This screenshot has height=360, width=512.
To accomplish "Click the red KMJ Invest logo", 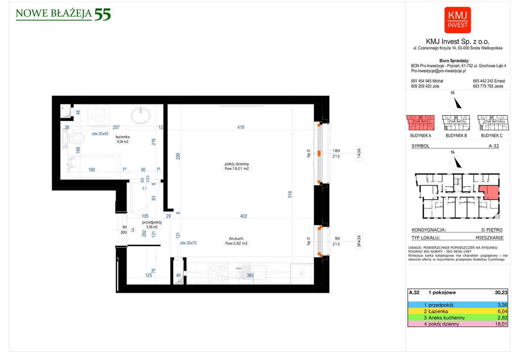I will (x=457, y=20).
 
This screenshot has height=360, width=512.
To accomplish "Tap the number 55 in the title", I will (x=103, y=14).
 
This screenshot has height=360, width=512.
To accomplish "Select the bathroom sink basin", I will (x=141, y=115).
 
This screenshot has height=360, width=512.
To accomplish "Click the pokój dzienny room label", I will (x=237, y=164).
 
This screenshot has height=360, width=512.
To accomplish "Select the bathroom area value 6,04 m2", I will (x=123, y=142).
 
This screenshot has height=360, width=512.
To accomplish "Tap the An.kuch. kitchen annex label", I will (x=236, y=238).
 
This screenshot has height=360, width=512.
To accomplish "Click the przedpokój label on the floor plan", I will (x=152, y=222).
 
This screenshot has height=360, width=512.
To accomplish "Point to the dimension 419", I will (x=241, y=127).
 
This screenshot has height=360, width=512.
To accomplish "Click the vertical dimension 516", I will (x=290, y=194).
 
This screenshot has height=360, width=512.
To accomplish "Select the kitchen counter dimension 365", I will (x=250, y=275).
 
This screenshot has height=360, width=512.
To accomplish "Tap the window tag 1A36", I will (x=359, y=154).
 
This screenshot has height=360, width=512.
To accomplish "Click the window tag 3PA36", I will (x=359, y=241).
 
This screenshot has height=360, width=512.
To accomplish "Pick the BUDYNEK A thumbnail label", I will (x=421, y=136).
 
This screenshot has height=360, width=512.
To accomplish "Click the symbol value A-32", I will (x=494, y=146).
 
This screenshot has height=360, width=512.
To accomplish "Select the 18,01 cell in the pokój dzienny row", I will (x=501, y=324).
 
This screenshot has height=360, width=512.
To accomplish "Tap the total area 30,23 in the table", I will (x=501, y=293).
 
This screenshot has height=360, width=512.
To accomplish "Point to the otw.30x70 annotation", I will (x=188, y=243).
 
